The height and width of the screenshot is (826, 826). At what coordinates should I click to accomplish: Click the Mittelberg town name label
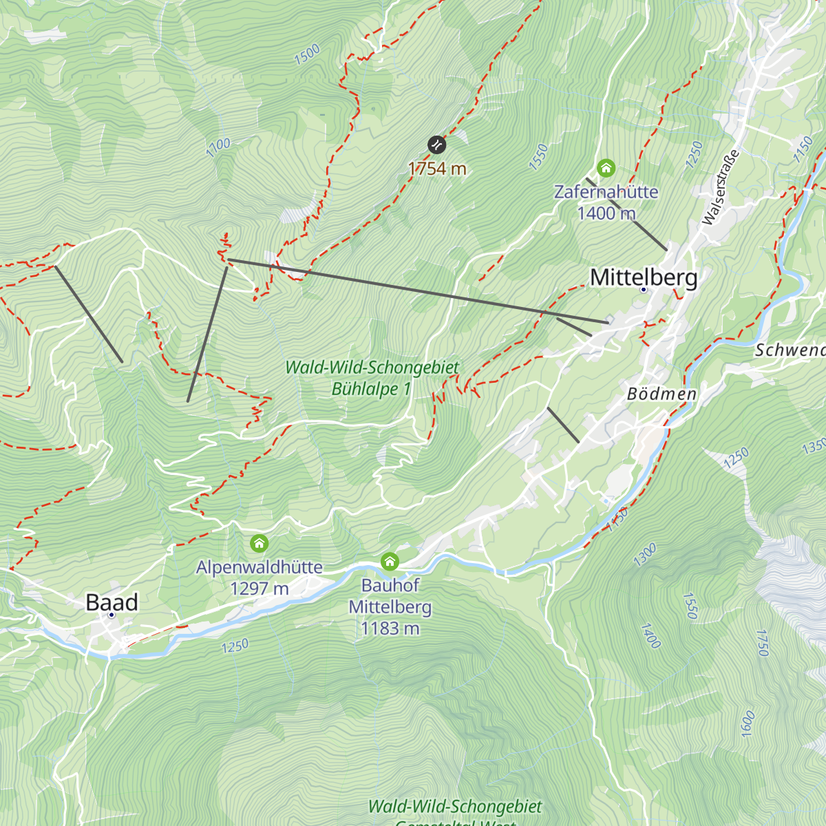644,277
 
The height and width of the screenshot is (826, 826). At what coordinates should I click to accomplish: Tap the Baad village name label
112,602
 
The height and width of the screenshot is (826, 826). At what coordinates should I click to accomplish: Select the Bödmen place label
661,394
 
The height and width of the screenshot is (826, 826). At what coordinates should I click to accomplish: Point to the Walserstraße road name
721,187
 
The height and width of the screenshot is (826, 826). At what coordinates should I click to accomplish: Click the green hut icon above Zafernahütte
606,168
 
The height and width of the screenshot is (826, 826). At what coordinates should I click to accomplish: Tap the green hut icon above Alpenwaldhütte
259,544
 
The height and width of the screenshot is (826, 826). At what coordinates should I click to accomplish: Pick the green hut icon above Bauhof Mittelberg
390,562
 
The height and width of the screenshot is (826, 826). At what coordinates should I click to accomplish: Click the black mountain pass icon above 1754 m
436,145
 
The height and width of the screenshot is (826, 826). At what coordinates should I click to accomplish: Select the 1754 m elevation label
437,169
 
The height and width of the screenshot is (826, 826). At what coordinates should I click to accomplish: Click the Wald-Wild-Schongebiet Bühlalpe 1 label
372,378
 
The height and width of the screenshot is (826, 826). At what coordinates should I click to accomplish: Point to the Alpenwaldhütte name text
260,567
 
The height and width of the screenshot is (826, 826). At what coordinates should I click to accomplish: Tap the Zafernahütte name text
606,191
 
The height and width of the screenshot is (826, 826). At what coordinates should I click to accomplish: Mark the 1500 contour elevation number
307,54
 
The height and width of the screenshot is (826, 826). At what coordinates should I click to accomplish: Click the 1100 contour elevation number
218,147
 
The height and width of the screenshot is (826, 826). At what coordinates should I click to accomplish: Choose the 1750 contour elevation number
762,642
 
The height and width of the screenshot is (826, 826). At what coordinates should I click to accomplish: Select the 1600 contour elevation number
748,723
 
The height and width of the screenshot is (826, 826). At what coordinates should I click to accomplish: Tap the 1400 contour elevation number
650,636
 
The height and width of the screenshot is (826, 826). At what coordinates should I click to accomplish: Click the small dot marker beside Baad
111,615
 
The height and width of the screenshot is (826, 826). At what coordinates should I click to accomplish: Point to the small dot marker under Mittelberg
644,290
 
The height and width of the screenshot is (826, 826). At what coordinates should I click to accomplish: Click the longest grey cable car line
416,290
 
